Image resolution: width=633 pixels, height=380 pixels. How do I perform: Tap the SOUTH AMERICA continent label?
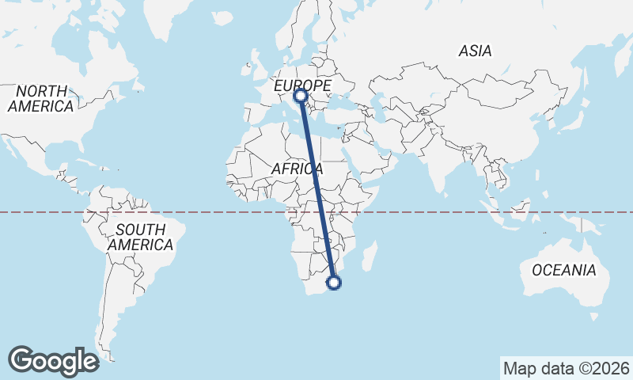tap(140, 237)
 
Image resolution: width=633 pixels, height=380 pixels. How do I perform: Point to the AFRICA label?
tap(297, 169)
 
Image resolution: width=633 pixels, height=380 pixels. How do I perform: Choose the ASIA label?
tap(475, 51)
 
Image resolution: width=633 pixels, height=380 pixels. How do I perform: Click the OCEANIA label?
tap(564, 271)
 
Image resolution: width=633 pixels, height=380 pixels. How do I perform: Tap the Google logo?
tap(53, 361)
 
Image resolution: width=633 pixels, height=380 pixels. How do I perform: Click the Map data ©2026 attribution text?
tap(567, 368)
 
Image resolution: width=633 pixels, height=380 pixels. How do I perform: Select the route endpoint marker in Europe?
tap(301, 97)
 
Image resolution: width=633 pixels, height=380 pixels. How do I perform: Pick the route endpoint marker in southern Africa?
tap(334, 282)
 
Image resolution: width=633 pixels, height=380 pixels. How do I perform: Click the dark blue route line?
tap(317, 190)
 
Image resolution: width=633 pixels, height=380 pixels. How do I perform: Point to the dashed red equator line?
tap(198, 212)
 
